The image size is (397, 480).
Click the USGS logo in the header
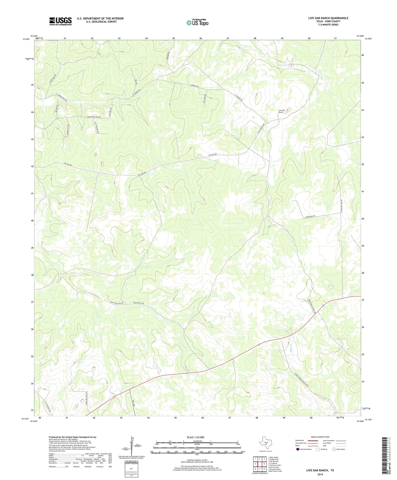[x=60, y=21]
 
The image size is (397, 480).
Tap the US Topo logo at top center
[x=197, y=22]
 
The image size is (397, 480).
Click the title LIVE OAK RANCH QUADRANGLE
[x=328, y=18]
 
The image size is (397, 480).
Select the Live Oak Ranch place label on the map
[x=281, y=111]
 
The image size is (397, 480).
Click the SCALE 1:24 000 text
[x=195, y=437]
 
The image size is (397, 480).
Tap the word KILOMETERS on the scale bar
[x=197, y=441]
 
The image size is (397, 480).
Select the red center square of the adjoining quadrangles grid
[x=260, y=464]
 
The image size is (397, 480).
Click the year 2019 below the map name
[x=320, y=474]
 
